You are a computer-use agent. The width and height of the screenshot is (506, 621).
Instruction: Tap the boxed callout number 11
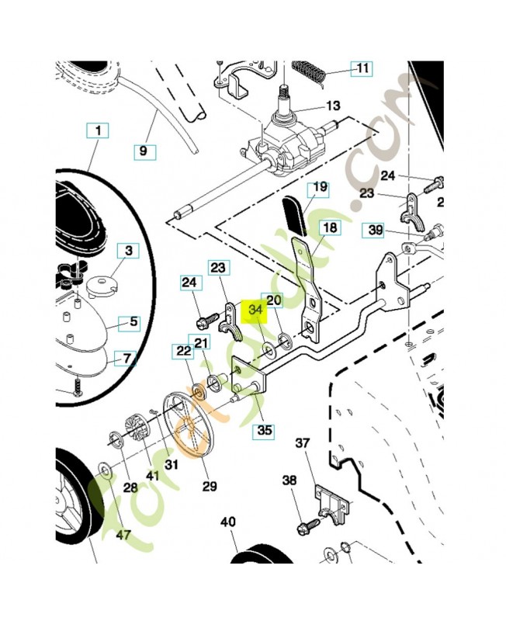(x=362, y=68)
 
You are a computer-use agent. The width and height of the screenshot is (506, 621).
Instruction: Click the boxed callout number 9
(x=142, y=151)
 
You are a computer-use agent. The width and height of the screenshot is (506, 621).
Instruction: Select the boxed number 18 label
(x=330, y=228)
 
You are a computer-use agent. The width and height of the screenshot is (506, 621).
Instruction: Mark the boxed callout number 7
(x=124, y=359)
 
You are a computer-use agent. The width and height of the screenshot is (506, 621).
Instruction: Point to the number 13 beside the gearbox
(x=333, y=106)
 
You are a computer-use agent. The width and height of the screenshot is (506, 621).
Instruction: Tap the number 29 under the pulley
(x=210, y=486)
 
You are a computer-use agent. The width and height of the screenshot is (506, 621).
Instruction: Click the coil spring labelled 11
(x=310, y=71)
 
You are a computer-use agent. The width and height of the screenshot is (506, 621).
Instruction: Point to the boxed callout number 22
(x=183, y=352)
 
